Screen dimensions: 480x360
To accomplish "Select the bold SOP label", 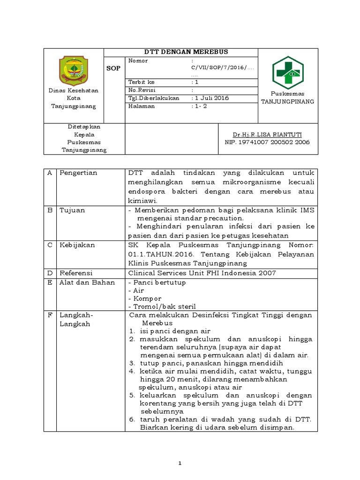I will coord(114,68).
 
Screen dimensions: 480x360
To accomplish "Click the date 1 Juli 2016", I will coord(212,98).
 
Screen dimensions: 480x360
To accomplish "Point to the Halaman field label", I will coord(141,106).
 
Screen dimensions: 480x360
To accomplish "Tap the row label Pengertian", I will coord(78,173).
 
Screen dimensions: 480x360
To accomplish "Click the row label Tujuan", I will coord(72,210).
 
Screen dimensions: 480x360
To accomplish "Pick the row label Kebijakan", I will coord(77,245).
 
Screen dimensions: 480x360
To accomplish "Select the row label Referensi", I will coord(76,273).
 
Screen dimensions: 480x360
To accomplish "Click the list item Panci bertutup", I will coord(157,282).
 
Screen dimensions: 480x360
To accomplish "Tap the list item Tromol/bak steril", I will coord(161,306).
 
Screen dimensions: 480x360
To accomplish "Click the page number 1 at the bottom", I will coord(180,464).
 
